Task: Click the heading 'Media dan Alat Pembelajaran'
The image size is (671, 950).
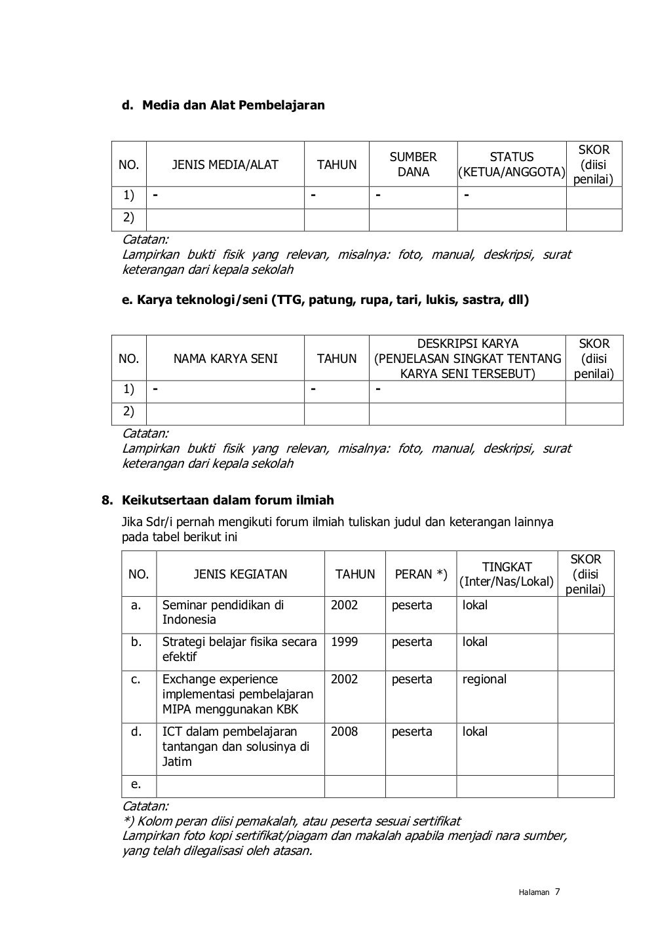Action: pyautogui.click(x=233, y=105)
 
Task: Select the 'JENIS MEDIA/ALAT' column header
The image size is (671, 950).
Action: pyautogui.click(x=225, y=165)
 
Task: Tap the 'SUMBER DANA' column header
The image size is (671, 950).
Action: pyautogui.click(x=413, y=164)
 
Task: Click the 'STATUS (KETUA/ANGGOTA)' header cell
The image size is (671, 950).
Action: pyautogui.click(x=512, y=164)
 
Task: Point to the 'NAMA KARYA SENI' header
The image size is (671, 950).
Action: pyautogui.click(x=225, y=359)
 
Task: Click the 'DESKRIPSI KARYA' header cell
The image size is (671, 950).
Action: pyautogui.click(x=467, y=358)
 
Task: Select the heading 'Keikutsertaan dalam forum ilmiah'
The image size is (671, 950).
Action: pyautogui.click(x=228, y=501)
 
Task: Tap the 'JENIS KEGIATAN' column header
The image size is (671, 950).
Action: pyautogui.click(x=240, y=575)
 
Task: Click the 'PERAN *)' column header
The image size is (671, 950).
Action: pyautogui.click(x=421, y=575)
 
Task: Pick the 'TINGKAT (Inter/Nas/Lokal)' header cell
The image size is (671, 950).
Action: pyautogui.click(x=507, y=575)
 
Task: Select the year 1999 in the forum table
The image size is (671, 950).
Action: pyautogui.click(x=344, y=642)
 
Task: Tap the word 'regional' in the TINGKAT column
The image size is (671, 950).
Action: pyautogui.click(x=484, y=679)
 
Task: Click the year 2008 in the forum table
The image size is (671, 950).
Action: pyautogui.click(x=344, y=732)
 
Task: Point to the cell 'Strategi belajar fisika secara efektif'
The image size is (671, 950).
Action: pyautogui.click(x=239, y=649)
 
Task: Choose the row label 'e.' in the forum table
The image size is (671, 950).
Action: pyautogui.click(x=136, y=784)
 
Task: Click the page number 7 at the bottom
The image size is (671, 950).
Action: pyautogui.click(x=557, y=892)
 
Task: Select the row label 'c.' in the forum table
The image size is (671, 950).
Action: pyautogui.click(x=136, y=679)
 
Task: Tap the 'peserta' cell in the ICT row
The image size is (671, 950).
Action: pyautogui.click(x=412, y=732)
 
